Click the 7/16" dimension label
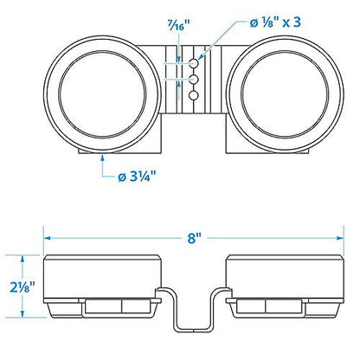(x=178, y=26)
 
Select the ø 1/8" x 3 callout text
(x=275, y=22)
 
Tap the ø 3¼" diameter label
(x=137, y=176)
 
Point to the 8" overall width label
(x=194, y=238)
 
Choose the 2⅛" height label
(x=22, y=286)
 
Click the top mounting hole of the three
(x=194, y=63)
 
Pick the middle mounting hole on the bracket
(x=194, y=79)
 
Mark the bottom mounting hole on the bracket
(x=194, y=95)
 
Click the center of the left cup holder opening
(x=102, y=94)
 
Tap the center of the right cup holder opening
(x=285, y=94)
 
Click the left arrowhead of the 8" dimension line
(x=48, y=238)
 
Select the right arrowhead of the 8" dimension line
(x=340, y=238)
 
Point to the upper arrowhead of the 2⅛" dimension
(x=22, y=259)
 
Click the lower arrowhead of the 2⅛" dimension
(x=22, y=314)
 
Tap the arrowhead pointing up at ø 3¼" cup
(x=102, y=158)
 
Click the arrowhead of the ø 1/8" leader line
(x=201, y=57)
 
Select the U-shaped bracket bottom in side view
(x=194, y=329)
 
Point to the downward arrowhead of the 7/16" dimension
(x=179, y=59)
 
